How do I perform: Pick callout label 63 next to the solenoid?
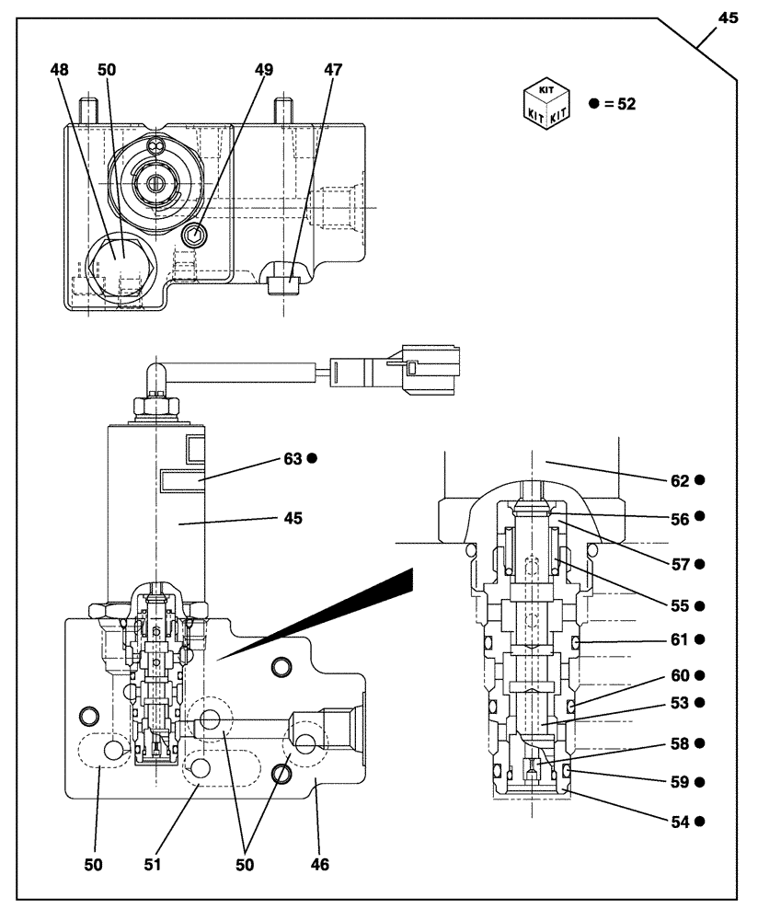click(x=293, y=457)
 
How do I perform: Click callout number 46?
click(x=318, y=864)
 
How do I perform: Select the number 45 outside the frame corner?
click(x=728, y=18)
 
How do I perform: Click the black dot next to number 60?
click(x=700, y=673)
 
